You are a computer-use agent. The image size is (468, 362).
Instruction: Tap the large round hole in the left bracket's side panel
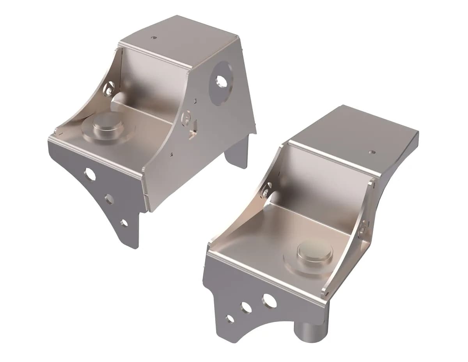[222, 81]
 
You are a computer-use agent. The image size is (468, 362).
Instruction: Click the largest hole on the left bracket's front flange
[90, 175]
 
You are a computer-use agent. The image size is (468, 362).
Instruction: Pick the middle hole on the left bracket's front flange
[109, 199]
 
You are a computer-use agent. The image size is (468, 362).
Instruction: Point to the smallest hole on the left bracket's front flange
[124, 223]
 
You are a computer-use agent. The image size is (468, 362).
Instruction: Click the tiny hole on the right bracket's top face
[372, 152]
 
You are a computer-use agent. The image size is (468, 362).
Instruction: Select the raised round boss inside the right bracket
[314, 253]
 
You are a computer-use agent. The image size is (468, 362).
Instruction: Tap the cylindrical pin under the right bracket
[312, 332]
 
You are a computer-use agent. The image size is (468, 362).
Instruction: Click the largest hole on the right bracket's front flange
[269, 301]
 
